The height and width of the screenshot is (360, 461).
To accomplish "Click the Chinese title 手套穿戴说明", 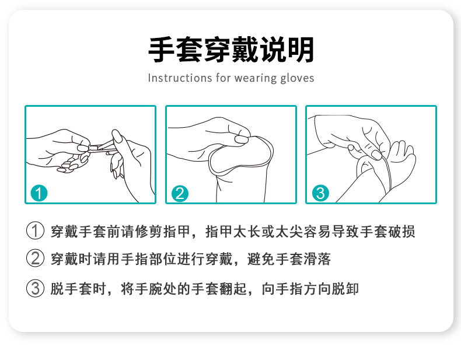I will pos(230,50).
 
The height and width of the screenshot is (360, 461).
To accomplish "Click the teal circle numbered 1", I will pos(39,193).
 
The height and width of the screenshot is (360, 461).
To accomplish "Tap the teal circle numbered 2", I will pos(180,193).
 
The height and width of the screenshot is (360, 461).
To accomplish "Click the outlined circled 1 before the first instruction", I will pos(36,231).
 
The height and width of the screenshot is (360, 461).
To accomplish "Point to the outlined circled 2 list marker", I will pos(36,258).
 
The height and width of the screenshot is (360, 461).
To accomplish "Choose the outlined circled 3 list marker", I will pos(36,288).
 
